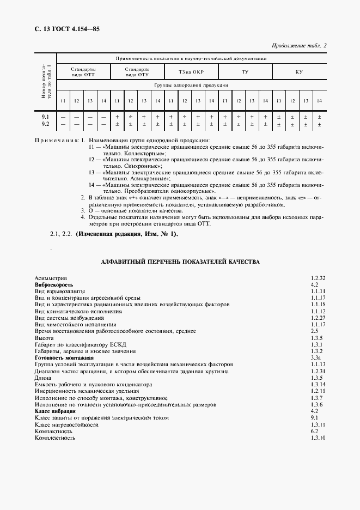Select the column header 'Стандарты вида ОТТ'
click(83, 72)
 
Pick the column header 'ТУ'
click(245, 72)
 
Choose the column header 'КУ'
click(299, 72)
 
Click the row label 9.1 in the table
click(45, 117)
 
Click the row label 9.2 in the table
click(45, 124)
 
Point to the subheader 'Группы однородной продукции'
click(191, 86)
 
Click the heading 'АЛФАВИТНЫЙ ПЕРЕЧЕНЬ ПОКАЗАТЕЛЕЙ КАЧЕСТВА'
click(180, 262)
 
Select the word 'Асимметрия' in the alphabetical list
click(50, 278)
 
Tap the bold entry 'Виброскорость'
click(53, 285)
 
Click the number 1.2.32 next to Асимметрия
click(318, 278)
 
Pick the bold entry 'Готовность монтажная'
click(63, 357)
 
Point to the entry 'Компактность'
click(53, 431)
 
